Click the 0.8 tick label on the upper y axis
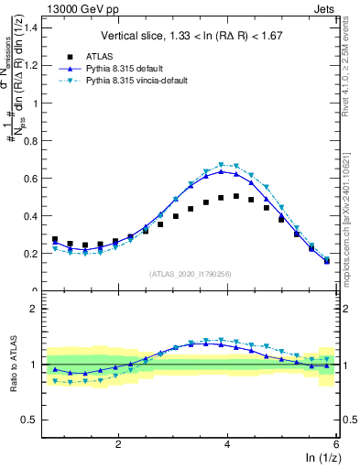35,139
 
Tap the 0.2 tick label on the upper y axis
35,253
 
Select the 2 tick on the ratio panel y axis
38,309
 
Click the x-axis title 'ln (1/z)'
322,459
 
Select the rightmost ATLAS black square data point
327,261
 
